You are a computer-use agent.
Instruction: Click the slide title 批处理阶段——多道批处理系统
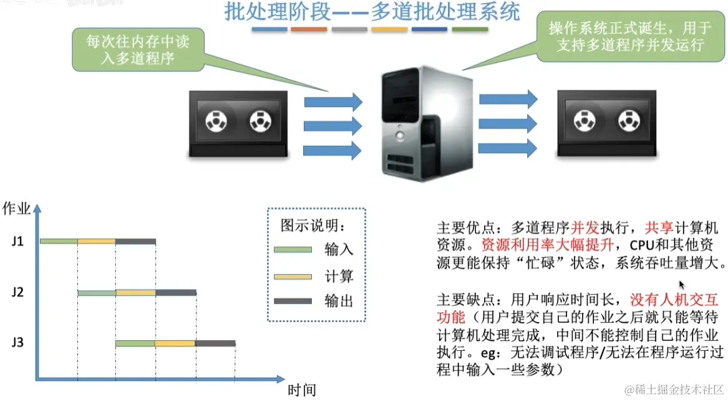(x=372, y=12)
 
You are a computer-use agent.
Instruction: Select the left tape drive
(x=238, y=124)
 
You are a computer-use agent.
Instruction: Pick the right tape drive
(x=606, y=122)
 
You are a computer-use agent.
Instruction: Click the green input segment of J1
(x=59, y=241)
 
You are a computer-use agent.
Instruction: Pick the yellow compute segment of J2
(x=135, y=292)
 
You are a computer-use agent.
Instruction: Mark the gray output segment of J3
(x=215, y=343)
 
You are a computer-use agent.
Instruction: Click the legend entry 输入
(x=339, y=250)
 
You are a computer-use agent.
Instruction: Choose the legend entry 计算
(x=339, y=276)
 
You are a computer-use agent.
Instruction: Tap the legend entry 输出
(x=339, y=301)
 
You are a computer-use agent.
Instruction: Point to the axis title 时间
(x=301, y=391)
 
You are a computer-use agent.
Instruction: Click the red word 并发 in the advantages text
(x=583, y=225)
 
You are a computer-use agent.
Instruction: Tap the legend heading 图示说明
(x=313, y=225)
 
